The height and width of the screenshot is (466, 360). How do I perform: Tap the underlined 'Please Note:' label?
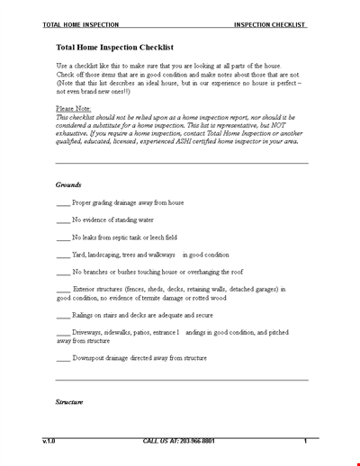click(75, 106)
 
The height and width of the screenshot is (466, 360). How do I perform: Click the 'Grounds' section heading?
click(68, 184)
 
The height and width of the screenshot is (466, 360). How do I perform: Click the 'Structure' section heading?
click(69, 401)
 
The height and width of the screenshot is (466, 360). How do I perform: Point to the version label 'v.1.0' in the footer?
click(49, 442)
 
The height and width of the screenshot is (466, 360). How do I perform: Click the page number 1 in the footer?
click(305, 442)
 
